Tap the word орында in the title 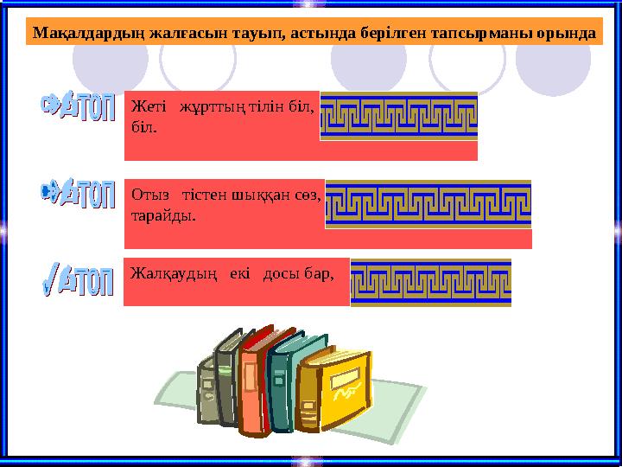pos(567,34)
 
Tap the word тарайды pos(163,214)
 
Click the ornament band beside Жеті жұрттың pos(398,116)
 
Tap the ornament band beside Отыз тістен pos(428,204)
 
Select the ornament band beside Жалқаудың pos(430,282)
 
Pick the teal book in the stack pos(284,381)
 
